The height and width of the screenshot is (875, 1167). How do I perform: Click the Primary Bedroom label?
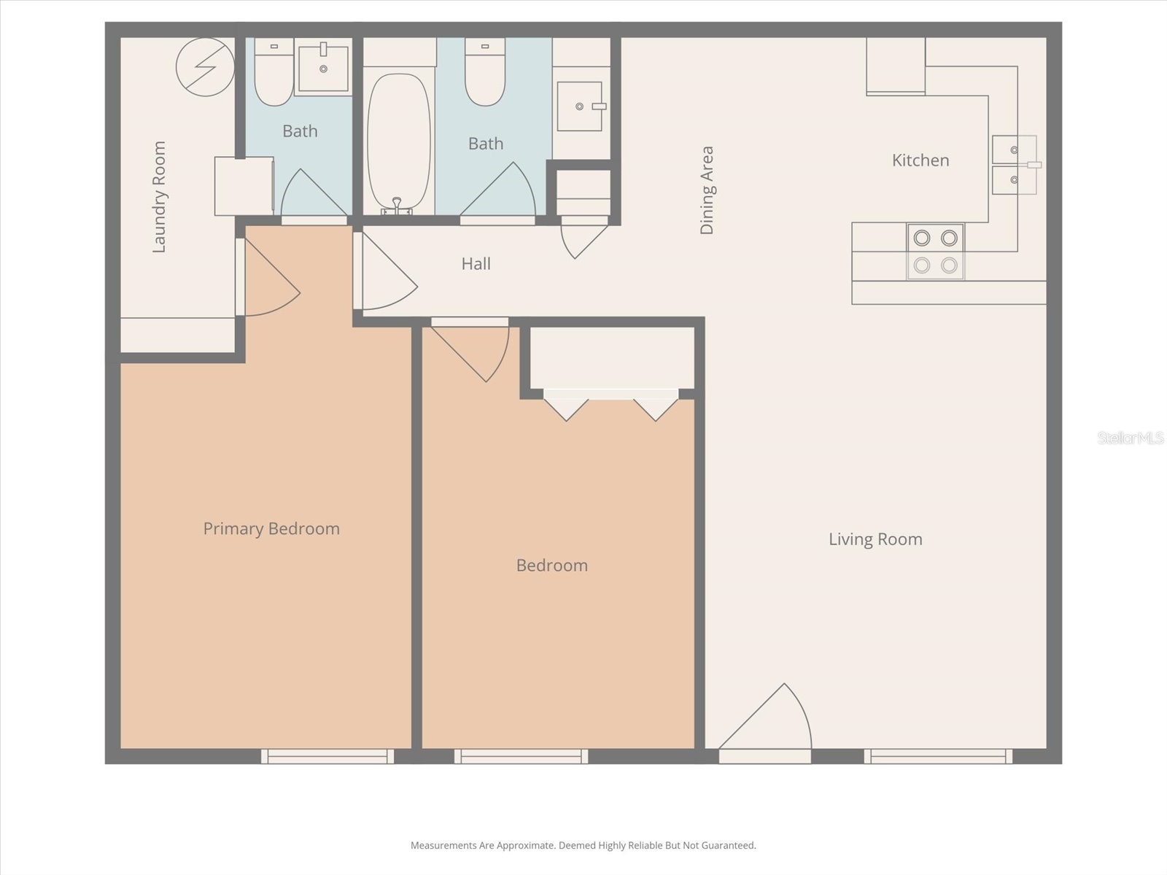click(x=271, y=529)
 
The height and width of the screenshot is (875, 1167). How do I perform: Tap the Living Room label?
click(x=875, y=540)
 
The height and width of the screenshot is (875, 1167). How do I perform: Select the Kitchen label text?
click(x=920, y=160)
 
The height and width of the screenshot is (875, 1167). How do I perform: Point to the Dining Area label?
click(x=707, y=190)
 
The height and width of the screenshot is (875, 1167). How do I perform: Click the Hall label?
click(x=476, y=264)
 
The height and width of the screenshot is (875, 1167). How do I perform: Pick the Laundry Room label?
click(x=159, y=197)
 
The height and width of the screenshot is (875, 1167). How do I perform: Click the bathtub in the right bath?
click(x=398, y=142)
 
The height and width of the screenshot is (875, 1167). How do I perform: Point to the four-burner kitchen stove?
click(x=935, y=252)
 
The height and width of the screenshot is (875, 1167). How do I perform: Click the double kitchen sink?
click(x=1014, y=165)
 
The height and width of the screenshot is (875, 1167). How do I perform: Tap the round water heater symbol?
click(x=205, y=67)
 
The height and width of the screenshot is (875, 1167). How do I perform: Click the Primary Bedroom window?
click(x=327, y=757)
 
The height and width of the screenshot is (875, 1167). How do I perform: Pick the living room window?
click(x=938, y=757)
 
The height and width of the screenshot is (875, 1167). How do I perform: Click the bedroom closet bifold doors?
click(x=611, y=405)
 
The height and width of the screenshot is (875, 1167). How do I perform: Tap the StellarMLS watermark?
click(x=1130, y=438)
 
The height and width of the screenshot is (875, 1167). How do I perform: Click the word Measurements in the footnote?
click(x=443, y=846)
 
